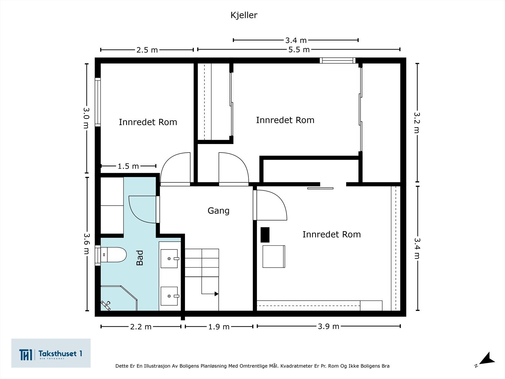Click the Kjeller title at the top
tap(244, 15)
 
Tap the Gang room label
tap(218, 211)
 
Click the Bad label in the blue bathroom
tap(140, 258)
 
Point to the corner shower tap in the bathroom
tap(106, 305)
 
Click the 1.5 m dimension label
tap(128, 166)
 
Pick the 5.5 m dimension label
tap(299, 50)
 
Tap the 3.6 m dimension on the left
tap(86, 244)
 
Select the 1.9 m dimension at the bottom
tap(219, 327)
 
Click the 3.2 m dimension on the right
tap(417, 123)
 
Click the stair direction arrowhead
tap(216, 294)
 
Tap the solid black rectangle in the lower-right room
tap(265, 235)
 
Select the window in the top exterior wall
tap(337, 61)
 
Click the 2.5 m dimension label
tap(147, 50)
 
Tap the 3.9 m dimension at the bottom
tap(329, 326)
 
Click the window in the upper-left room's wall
tap(98, 102)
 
